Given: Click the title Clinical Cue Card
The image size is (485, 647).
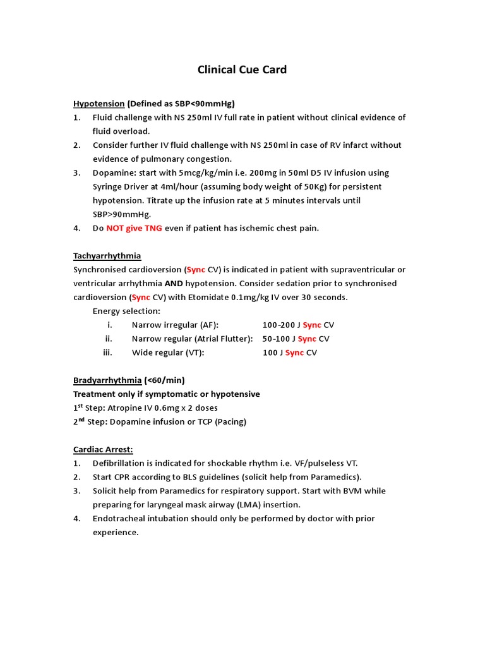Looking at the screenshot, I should [242, 70].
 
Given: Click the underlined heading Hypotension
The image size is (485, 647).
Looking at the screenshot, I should [99, 104].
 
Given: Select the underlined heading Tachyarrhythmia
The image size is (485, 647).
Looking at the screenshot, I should [107, 256].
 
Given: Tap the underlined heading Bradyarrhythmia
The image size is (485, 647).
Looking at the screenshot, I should [107, 380].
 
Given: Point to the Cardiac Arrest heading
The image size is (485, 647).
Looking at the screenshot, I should [103, 449].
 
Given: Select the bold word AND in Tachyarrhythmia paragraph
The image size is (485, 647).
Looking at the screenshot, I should [174, 284].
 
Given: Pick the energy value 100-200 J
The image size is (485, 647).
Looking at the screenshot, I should [281, 325].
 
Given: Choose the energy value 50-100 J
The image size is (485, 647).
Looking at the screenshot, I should [278, 339].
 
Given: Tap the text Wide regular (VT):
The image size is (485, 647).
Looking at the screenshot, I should [168, 353].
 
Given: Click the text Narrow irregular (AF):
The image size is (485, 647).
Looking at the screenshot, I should [175, 325].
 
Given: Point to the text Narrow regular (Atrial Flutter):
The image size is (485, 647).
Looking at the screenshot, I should [192, 339].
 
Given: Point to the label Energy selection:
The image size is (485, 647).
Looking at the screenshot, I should [126, 311].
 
